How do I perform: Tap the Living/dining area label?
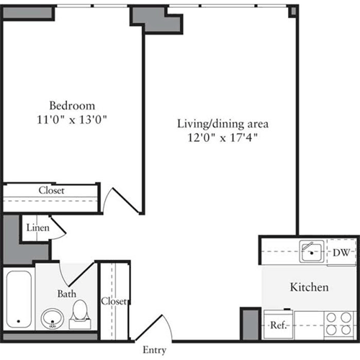point(217,123)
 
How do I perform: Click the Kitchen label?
point(309,287)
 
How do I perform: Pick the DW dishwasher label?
point(341,252)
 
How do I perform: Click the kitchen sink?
point(311,251)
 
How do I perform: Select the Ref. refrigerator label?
point(278,325)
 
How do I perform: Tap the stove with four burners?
point(338,323)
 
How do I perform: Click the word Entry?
point(155,350)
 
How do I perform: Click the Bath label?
point(66,294)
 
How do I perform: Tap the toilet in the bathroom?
point(81,311)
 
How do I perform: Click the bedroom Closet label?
point(50,191)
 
